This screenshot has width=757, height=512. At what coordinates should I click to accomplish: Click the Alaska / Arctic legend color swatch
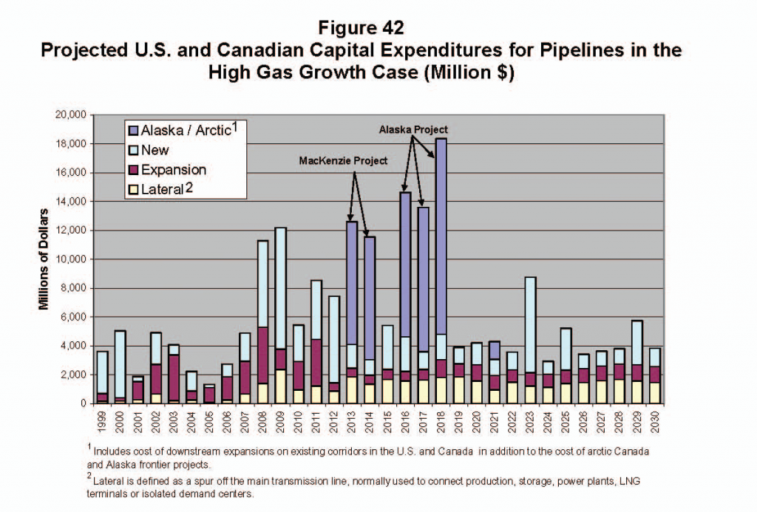click(133, 132)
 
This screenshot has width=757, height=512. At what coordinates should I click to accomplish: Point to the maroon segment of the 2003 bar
click(173, 378)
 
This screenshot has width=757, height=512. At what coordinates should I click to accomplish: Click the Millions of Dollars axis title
click(44, 259)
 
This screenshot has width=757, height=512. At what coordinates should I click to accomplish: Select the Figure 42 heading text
click(361, 28)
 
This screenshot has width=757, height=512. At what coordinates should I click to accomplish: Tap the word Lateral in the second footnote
click(110, 479)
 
